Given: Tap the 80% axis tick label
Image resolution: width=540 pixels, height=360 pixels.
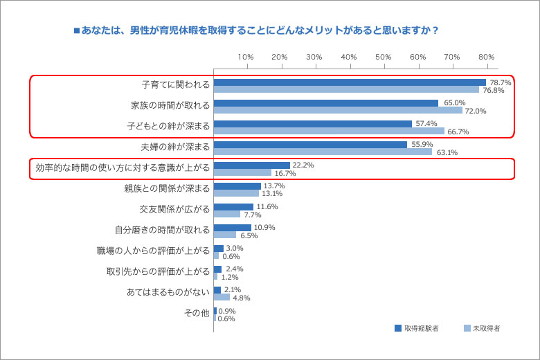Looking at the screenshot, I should point(486,57).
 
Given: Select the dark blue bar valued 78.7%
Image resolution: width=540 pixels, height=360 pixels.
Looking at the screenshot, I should point(350,82).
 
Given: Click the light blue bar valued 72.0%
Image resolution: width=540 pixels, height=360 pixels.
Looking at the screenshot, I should point(338,110).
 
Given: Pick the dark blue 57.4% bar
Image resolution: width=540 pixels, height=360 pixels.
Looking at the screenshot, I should point(313,124).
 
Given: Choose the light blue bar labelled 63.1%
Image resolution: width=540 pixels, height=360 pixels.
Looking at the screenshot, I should point(323,152).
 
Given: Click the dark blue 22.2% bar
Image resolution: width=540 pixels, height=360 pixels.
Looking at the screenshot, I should point(252,165).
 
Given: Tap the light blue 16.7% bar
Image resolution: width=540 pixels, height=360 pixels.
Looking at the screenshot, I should point(242,172).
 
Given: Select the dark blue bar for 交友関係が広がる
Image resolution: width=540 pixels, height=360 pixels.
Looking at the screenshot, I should point(233,207).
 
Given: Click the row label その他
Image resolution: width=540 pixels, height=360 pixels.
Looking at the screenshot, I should point(196,313).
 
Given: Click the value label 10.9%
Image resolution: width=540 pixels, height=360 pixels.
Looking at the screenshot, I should point(265,227).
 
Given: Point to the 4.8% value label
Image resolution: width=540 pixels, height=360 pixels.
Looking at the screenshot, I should point(241,298).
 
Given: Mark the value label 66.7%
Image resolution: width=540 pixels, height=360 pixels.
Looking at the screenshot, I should point(458,132).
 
